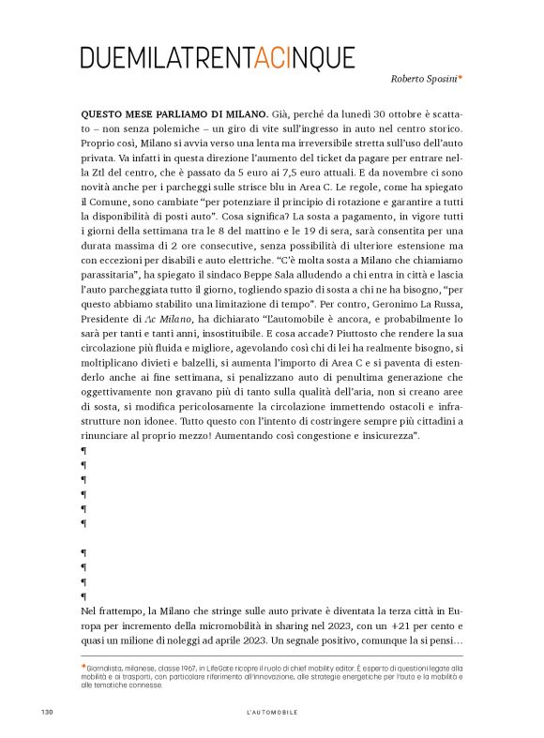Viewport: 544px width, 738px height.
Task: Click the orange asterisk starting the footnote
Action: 83,666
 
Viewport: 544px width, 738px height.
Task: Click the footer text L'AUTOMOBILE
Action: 272,713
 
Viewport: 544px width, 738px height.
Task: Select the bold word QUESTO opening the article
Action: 105,114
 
